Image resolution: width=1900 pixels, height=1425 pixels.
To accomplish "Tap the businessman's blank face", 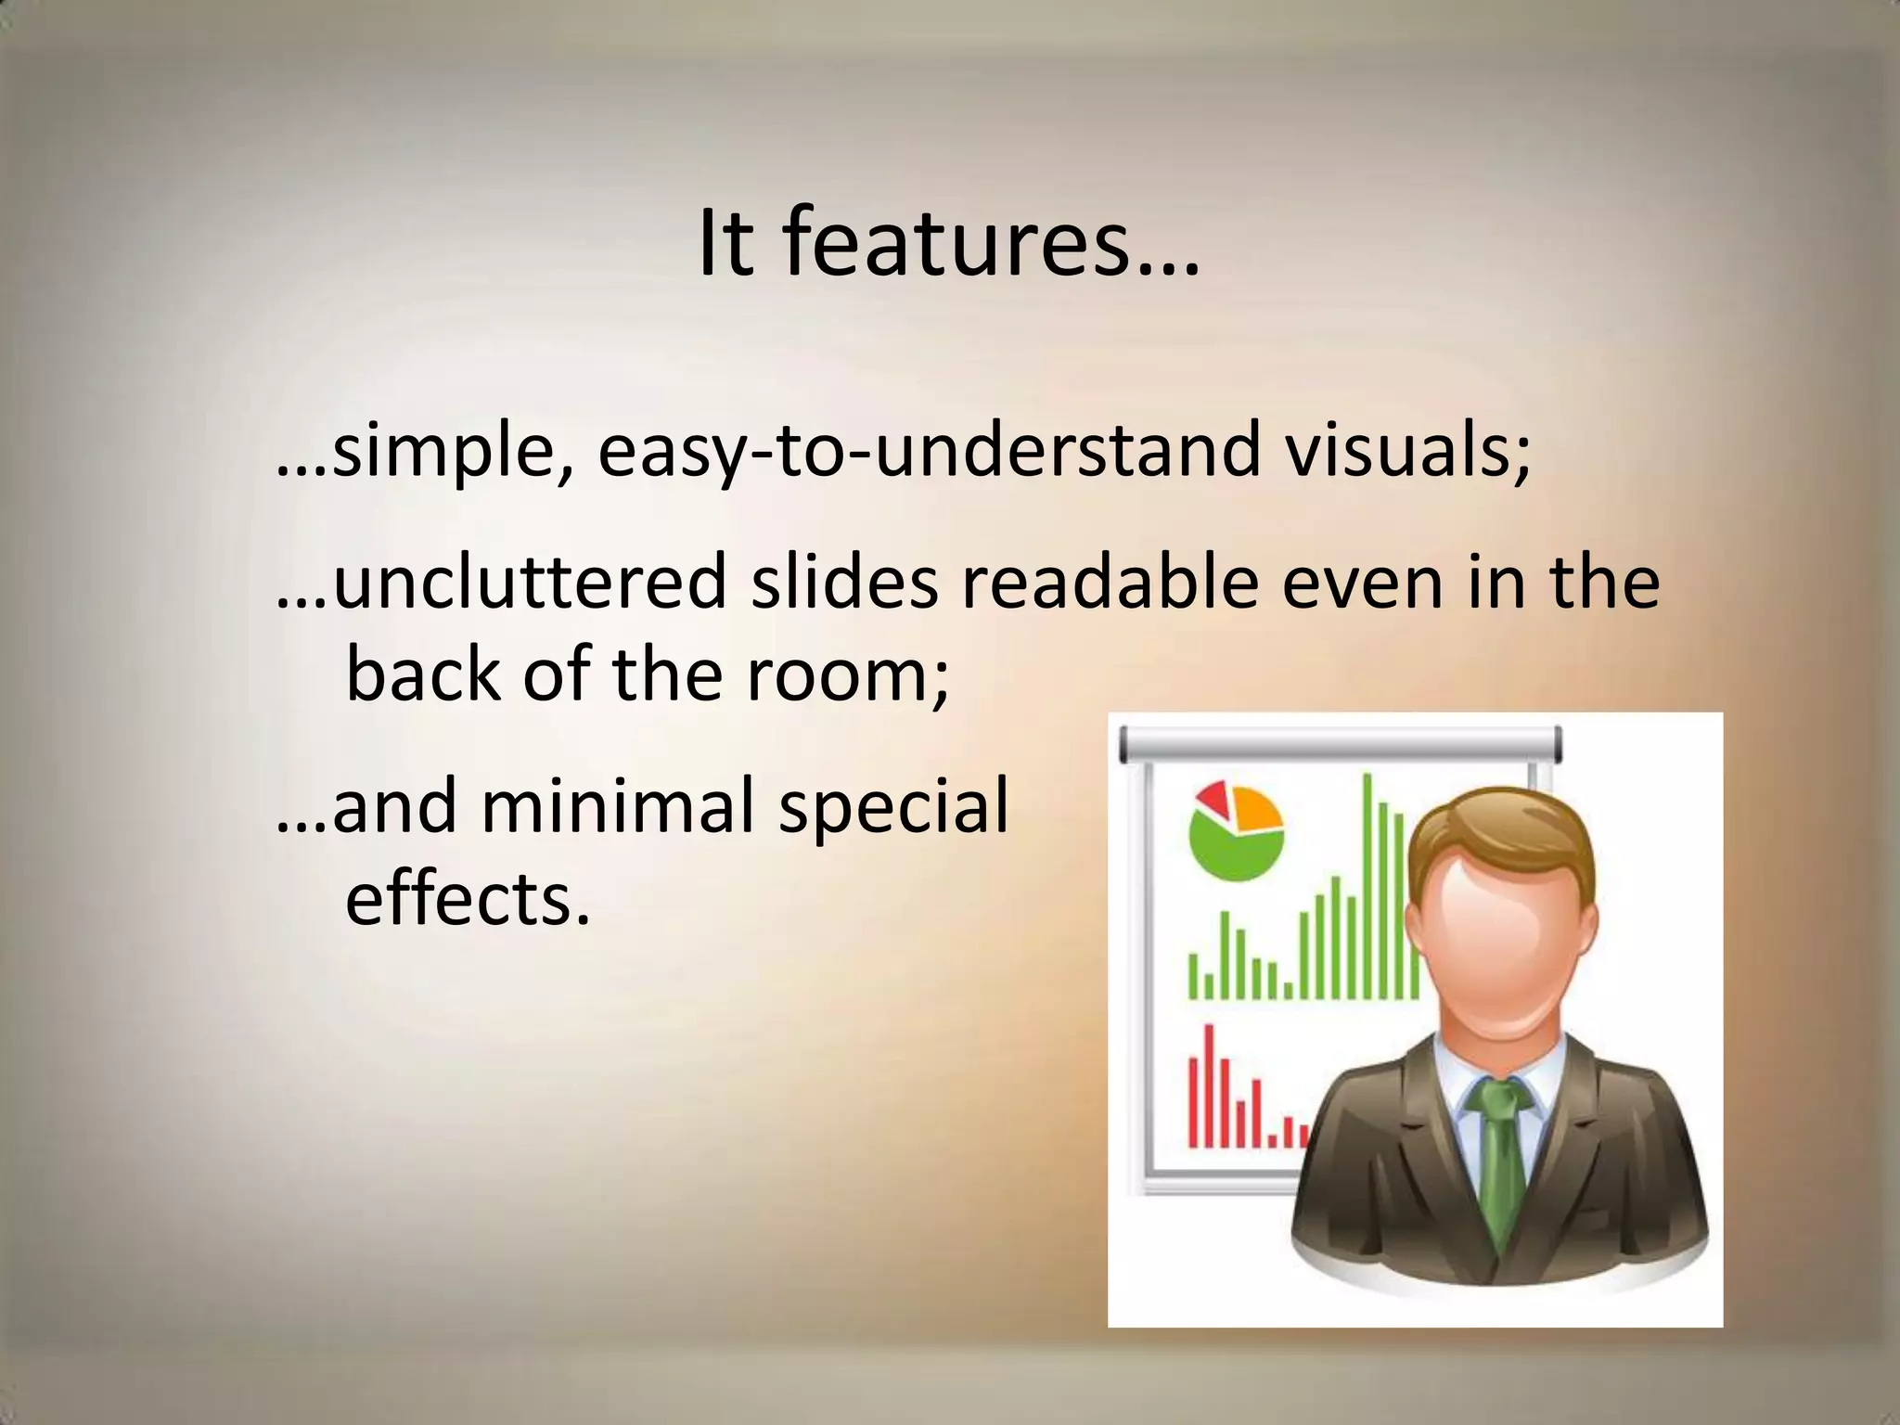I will [x=1501, y=937].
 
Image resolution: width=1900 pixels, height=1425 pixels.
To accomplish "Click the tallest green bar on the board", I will [x=1367, y=886].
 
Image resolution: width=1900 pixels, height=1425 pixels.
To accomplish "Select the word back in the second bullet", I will [x=423, y=674].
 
